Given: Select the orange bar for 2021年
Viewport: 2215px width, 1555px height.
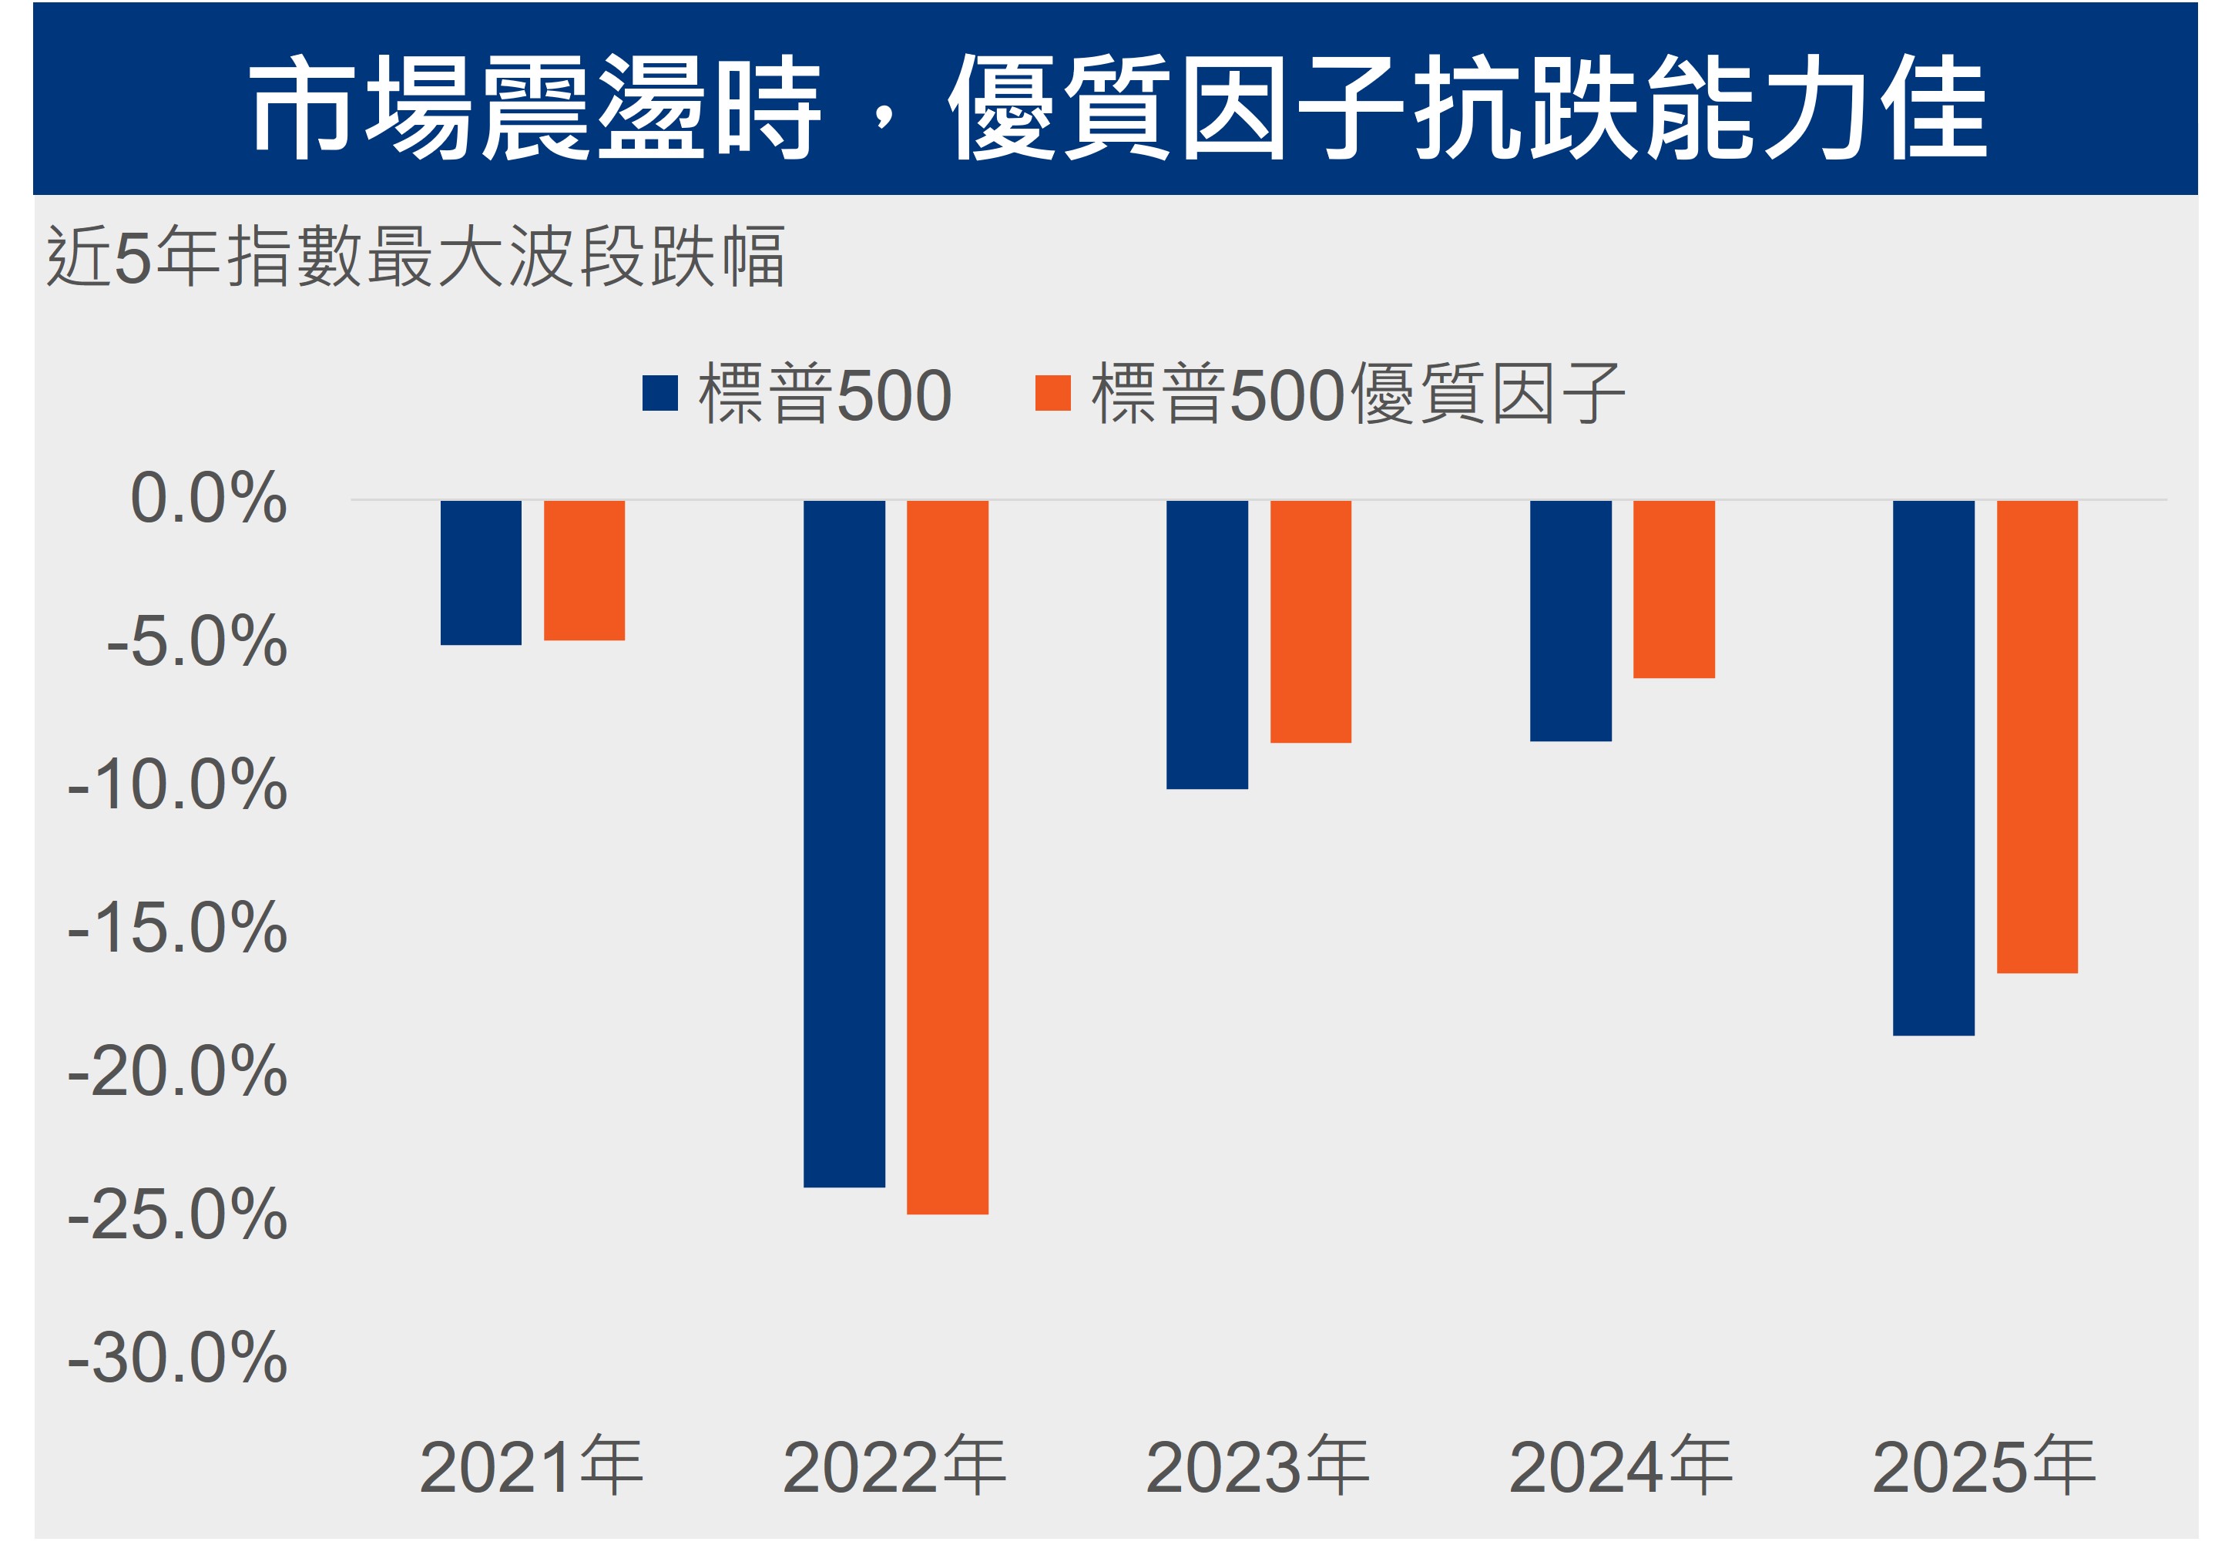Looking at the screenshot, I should tap(584, 570).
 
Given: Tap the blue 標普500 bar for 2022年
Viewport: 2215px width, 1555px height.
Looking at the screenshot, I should tap(844, 843).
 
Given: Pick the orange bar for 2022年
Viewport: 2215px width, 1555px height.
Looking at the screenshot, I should tap(948, 857).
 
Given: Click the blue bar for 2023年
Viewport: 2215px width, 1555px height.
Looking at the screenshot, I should tap(1207, 644).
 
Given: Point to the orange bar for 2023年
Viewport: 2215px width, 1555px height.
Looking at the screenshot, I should tap(1310, 621).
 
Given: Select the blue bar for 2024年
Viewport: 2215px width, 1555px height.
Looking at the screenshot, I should tap(1571, 620).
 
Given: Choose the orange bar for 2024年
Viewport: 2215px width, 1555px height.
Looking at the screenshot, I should tap(1674, 589).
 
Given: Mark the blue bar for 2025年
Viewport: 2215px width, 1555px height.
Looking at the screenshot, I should tap(1933, 767).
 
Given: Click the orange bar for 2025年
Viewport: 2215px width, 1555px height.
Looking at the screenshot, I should tap(2036, 737).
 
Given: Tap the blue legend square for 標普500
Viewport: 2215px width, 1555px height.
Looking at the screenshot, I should tap(659, 394).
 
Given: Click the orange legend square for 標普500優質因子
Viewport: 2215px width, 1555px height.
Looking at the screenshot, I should tap(1052, 394).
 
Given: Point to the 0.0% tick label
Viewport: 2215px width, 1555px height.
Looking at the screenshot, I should tap(208, 499).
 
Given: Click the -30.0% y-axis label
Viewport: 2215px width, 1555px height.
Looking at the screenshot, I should tap(177, 1359).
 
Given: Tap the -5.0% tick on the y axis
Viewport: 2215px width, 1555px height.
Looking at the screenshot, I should tap(196, 641).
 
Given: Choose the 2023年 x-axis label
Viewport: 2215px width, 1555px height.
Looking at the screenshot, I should tap(1257, 1467).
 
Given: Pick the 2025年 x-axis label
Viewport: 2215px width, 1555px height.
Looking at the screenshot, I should tap(1983, 1467).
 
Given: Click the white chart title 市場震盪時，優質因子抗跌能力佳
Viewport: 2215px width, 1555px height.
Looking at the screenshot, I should tap(1116, 106).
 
